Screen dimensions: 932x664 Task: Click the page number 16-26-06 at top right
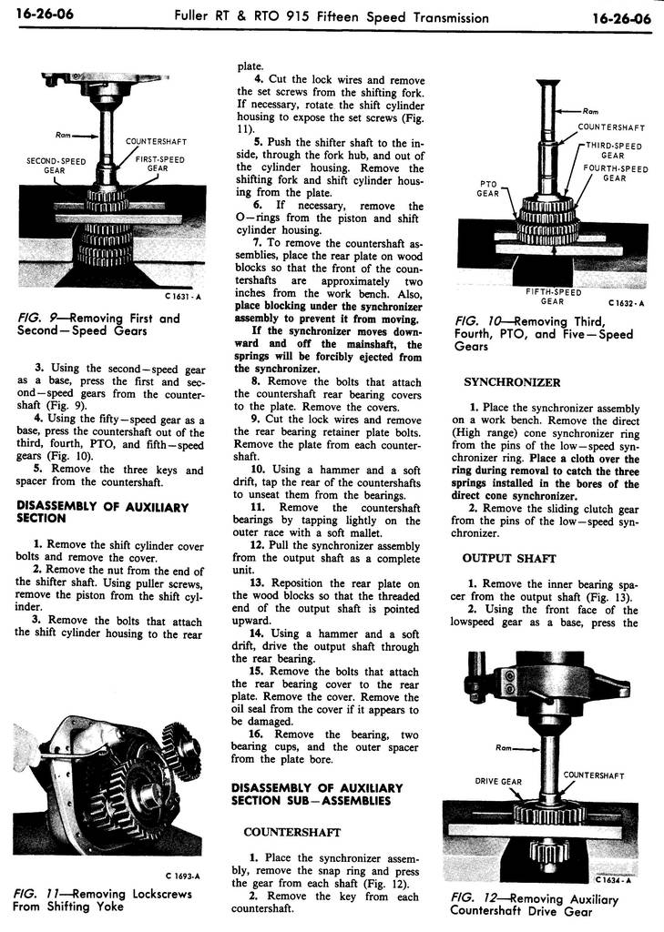click(x=620, y=17)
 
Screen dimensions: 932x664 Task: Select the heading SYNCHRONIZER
click(x=511, y=382)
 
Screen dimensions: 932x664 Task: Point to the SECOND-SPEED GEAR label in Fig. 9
click(x=56, y=165)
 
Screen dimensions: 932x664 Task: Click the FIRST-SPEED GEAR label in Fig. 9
click(x=159, y=164)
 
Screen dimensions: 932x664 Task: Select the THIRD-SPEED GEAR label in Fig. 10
click(x=613, y=150)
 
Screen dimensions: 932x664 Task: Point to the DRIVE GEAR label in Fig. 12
click(x=498, y=781)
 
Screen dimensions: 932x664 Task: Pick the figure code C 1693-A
click(x=183, y=876)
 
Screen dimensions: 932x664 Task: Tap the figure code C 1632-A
click(x=626, y=302)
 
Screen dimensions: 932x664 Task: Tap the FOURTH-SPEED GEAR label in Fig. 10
click(x=615, y=173)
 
